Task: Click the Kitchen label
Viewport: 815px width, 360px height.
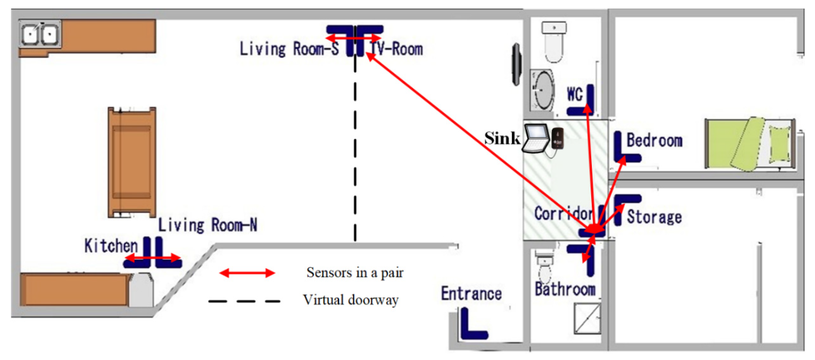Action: (x=111, y=246)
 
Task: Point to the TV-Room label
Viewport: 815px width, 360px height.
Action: (x=396, y=49)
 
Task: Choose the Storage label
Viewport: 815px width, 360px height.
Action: (x=654, y=217)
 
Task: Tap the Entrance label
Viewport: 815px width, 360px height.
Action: (x=471, y=294)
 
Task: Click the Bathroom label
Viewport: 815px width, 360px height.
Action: (x=565, y=289)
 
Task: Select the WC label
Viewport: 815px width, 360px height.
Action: (x=575, y=94)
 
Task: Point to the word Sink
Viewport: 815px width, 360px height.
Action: (x=502, y=138)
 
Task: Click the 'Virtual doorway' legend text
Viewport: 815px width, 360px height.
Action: (x=351, y=300)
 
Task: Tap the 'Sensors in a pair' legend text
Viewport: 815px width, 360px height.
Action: (x=355, y=272)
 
